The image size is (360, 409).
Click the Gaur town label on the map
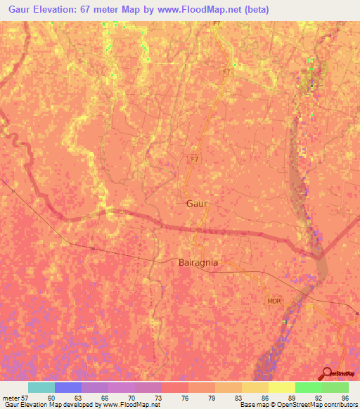(x=198, y=203)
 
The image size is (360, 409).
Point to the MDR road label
(x=274, y=301)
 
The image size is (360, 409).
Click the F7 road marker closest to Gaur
(x=195, y=159)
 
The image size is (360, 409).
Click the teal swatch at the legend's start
(x=41, y=387)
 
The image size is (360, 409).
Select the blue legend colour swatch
(x=68, y=387)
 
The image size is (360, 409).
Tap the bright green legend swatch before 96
(x=309, y=387)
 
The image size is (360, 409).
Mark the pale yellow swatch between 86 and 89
(x=282, y=387)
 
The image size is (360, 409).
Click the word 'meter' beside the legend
(x=11, y=398)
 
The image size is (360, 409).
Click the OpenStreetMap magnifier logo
(x=326, y=373)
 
